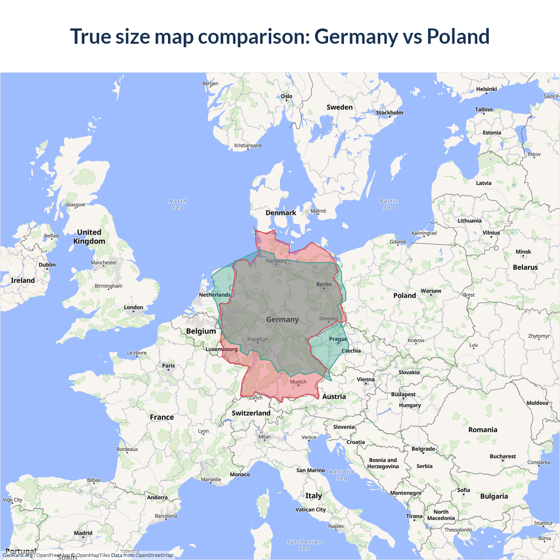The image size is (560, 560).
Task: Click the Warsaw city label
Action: pos(431,291)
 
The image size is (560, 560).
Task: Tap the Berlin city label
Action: pos(324,284)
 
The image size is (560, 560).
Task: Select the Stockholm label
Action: pos(389,112)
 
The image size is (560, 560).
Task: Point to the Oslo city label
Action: pos(287,96)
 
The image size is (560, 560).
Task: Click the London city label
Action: pos(133,308)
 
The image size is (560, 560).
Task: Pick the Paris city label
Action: pos(168,366)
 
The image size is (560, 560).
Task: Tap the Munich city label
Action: pos(298,382)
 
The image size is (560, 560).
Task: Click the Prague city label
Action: pos(338,339)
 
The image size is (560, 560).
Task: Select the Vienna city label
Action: pos(366,379)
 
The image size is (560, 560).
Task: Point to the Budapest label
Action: pos(403,394)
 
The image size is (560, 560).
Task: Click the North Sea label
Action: pos(178,204)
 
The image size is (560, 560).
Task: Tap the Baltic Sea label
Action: pos(389,204)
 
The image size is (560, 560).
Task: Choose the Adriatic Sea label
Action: pos(342,475)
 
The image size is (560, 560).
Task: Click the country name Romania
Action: pos(483,430)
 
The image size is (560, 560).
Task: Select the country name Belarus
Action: pos(525,267)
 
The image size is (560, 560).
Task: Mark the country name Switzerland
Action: pos(251,413)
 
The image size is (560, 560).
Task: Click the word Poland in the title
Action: pos(458,36)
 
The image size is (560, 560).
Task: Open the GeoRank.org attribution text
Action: pos(17,555)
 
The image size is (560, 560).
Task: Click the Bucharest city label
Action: pos(503,456)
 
